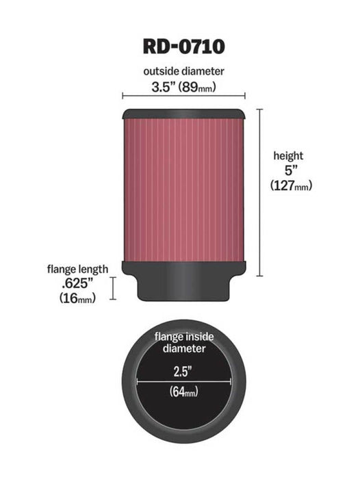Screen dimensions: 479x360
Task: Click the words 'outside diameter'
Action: [x=184, y=70]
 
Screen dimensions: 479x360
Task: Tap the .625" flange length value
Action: [x=76, y=283]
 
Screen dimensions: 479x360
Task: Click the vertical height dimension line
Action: [x=259, y=192]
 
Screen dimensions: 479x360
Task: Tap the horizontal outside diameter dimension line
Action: [x=184, y=96]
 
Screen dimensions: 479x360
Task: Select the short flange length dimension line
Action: [x=114, y=288]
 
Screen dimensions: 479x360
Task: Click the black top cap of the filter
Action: [x=184, y=113]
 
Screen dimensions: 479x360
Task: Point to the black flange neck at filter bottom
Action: [x=184, y=287]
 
